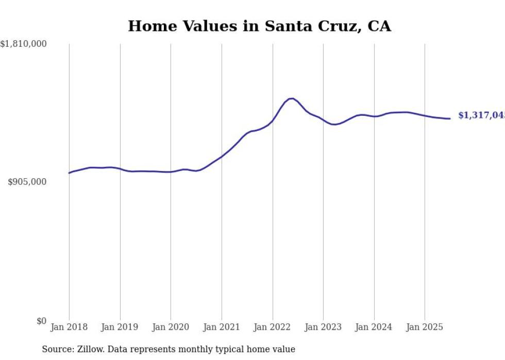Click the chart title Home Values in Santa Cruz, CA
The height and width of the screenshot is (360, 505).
click(259, 26)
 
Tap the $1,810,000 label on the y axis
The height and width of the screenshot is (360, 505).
click(23, 44)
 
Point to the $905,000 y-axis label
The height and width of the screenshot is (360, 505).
click(27, 182)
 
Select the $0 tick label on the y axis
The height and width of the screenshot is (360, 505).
click(41, 321)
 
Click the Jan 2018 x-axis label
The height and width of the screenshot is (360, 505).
click(69, 327)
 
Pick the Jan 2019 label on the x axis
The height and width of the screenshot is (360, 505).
click(120, 327)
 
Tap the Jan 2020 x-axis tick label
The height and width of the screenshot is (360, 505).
click(171, 327)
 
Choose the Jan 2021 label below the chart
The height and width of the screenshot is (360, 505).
click(222, 327)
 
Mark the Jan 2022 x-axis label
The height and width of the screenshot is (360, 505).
click(273, 327)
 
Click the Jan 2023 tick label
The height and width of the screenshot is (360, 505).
click(323, 327)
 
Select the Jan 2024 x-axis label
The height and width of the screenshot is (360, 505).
click(374, 327)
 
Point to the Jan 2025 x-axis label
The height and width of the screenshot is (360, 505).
click(425, 327)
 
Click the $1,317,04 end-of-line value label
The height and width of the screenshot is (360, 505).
click(481, 115)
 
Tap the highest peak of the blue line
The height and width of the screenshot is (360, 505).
click(292, 98)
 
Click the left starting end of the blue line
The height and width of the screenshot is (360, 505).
click(69, 173)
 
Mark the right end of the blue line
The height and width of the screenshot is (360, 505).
click(450, 118)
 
